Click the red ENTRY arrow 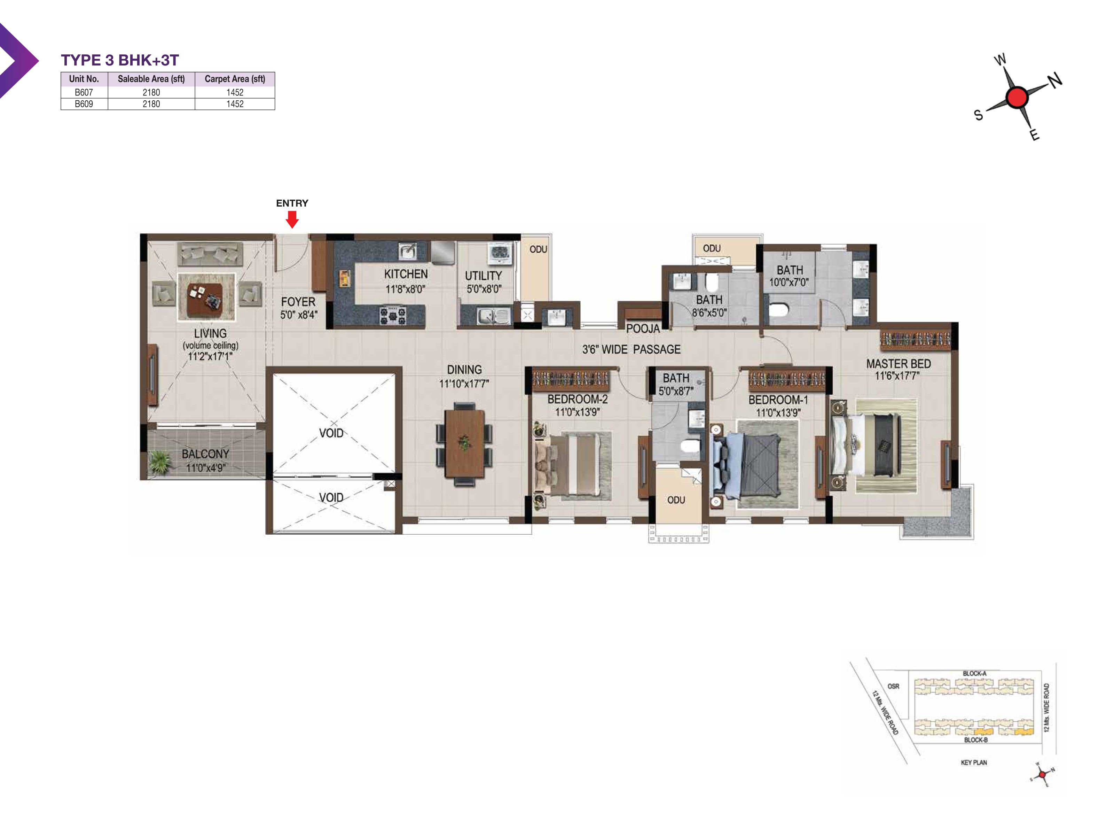(x=292, y=219)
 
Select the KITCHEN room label (x=406, y=274)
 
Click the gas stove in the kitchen (x=392, y=316)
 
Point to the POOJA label (x=643, y=328)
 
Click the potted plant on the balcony (x=160, y=462)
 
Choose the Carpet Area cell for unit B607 (x=235, y=92)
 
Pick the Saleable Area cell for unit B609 (x=151, y=104)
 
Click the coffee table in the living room (x=205, y=300)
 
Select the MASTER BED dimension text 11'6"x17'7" (x=897, y=376)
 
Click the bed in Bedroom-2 (x=573, y=466)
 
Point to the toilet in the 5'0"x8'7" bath (x=690, y=446)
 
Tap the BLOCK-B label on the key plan (x=975, y=740)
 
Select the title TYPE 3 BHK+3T (x=120, y=60)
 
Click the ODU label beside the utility (x=538, y=249)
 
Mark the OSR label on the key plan (x=893, y=686)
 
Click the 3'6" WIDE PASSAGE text (x=631, y=349)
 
